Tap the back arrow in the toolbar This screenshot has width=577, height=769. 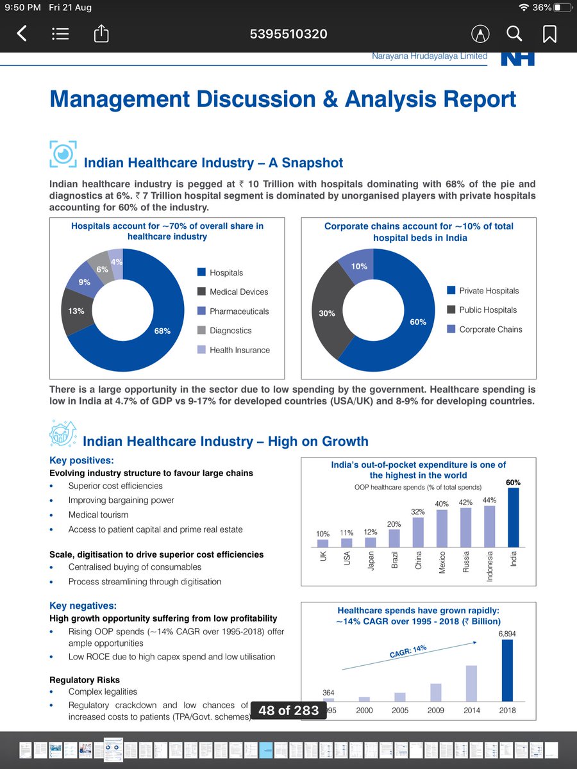pyautogui.click(x=22, y=33)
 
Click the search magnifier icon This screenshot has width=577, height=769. pyautogui.click(x=514, y=33)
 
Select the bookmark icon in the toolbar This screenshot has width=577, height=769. pyautogui.click(x=550, y=33)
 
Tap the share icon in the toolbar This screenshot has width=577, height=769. pyautogui.click(x=101, y=33)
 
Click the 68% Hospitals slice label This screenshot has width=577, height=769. pyautogui.click(x=162, y=331)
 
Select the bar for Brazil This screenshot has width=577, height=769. pyautogui.click(x=395, y=538)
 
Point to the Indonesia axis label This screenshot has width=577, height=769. pyautogui.click(x=490, y=567)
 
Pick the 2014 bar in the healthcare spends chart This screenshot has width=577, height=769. pyautogui.click(x=471, y=683)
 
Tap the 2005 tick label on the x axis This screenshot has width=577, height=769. pyautogui.click(x=400, y=710)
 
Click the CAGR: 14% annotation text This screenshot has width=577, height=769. pyautogui.click(x=408, y=652)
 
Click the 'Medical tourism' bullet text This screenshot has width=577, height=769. pyautogui.click(x=98, y=515)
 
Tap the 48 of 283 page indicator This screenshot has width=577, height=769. pyautogui.click(x=288, y=710)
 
